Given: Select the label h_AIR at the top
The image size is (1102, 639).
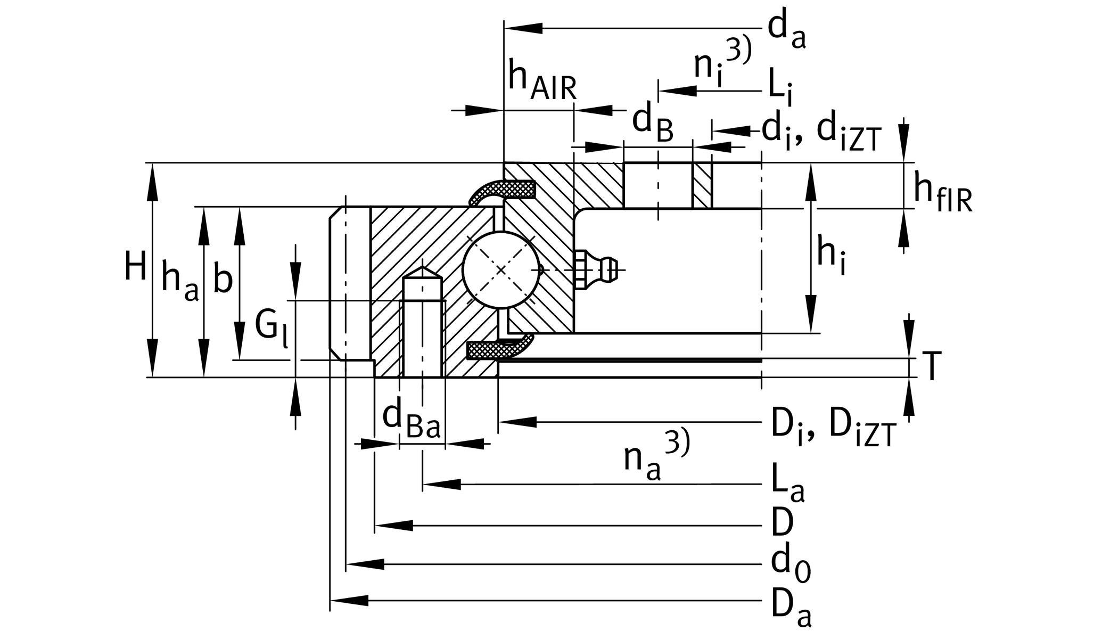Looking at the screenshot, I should pos(541,81).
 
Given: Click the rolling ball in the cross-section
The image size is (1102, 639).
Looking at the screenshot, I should pos(500,270).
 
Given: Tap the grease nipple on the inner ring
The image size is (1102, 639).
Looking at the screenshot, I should pos(596,270).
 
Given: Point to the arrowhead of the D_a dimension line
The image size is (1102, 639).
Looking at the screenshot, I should pos(349,601).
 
